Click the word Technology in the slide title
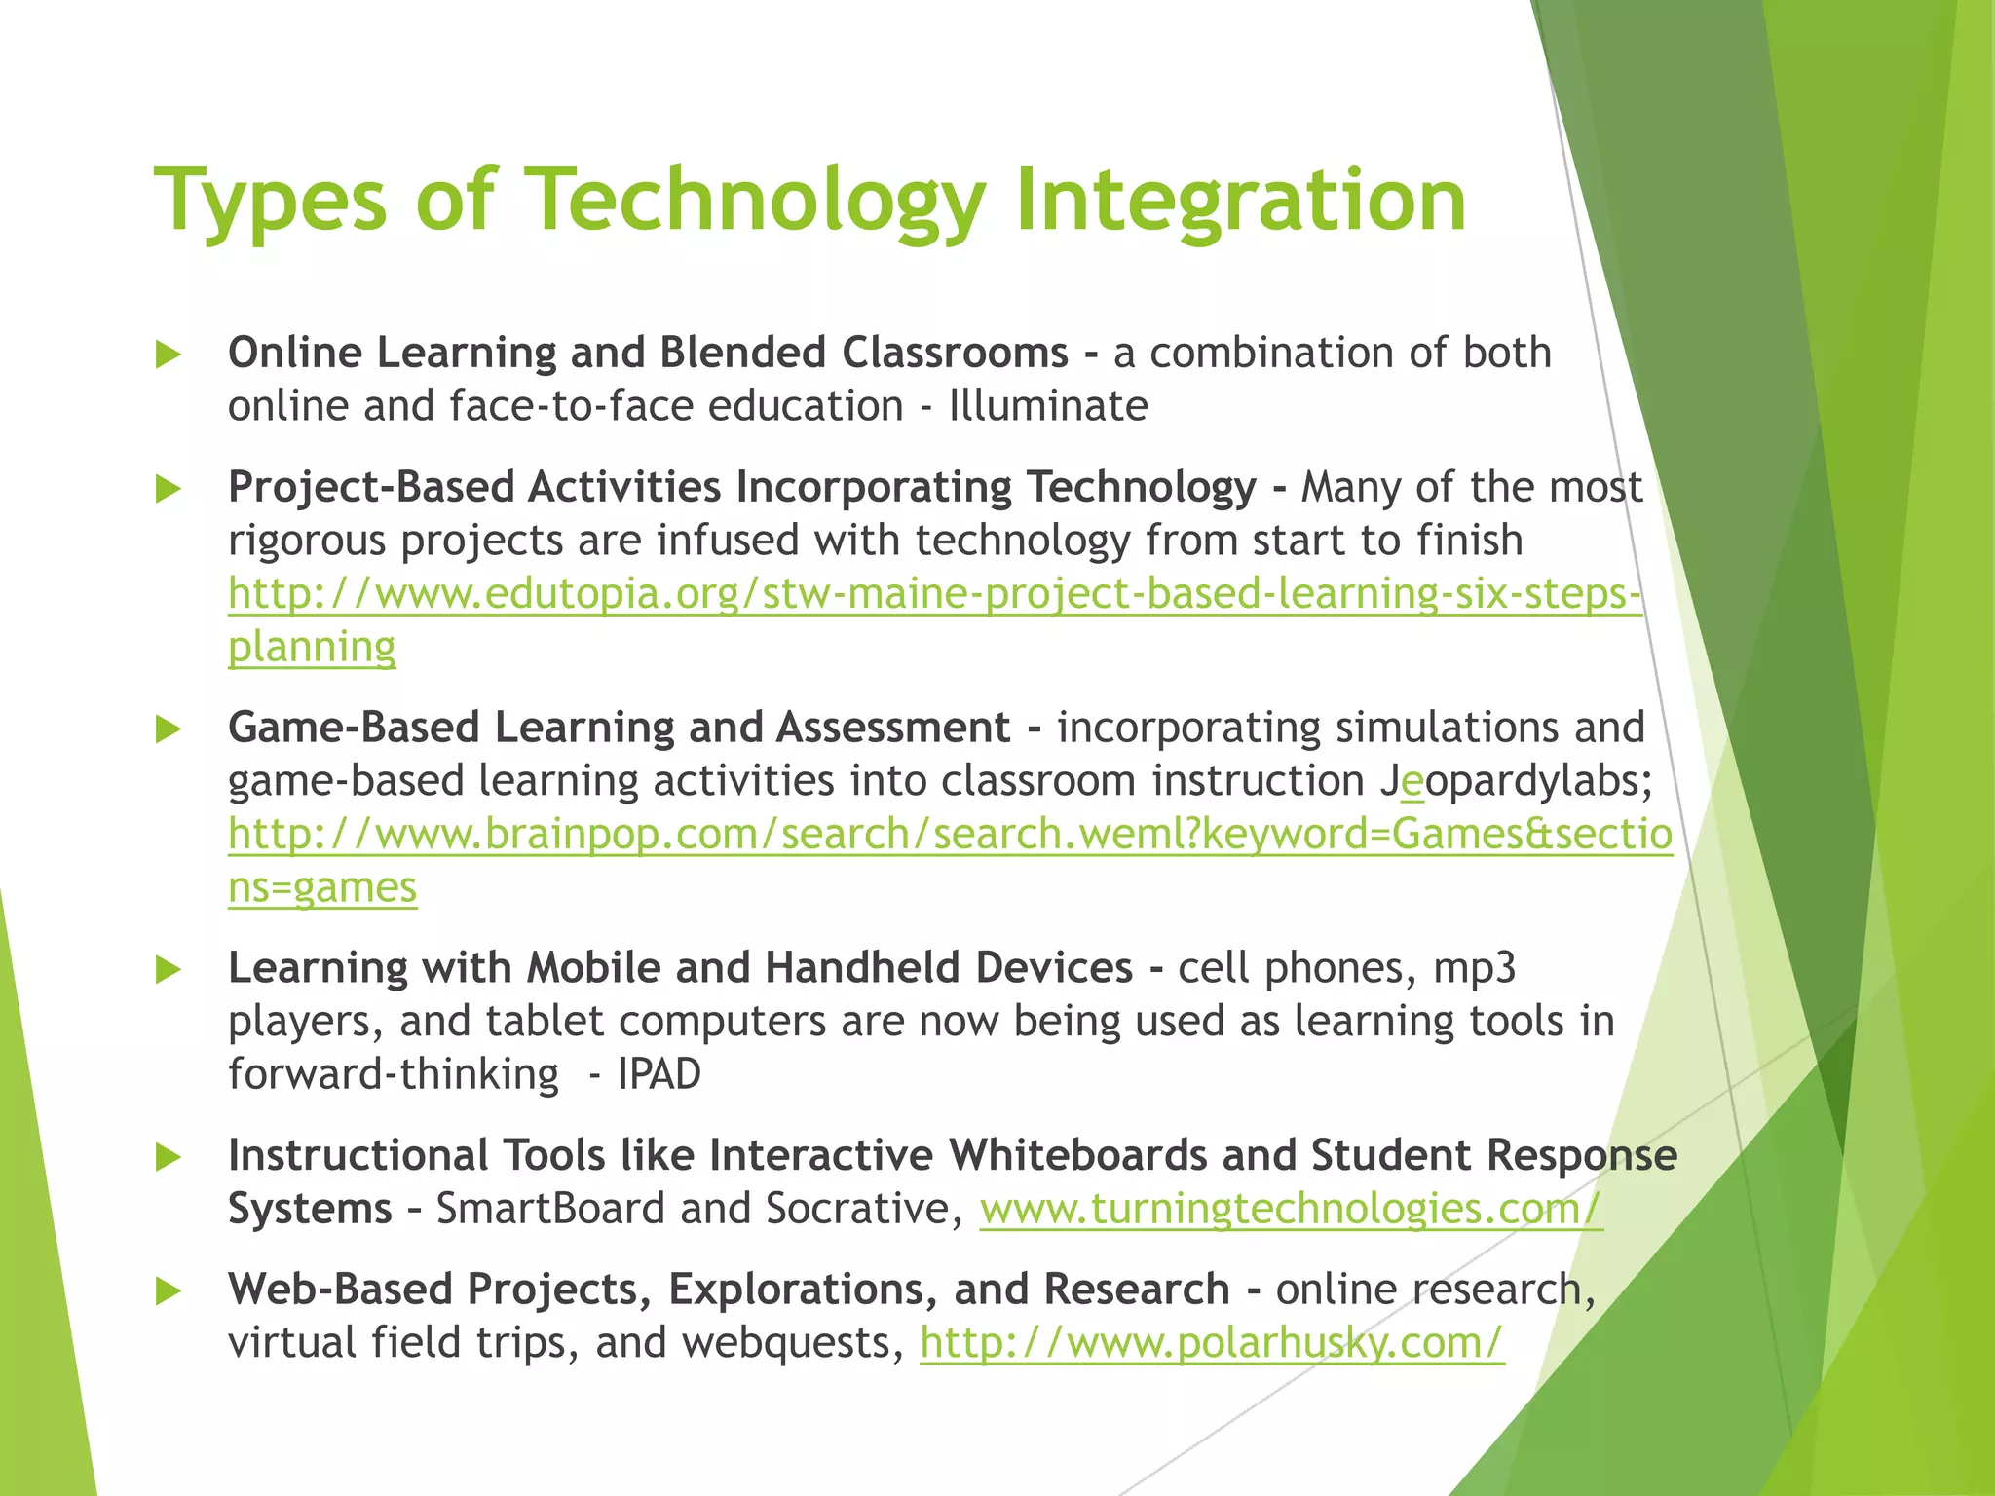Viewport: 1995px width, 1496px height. click(x=756, y=202)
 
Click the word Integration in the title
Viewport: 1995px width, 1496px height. click(x=1240, y=202)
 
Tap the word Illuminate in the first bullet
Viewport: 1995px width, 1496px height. click(x=1048, y=406)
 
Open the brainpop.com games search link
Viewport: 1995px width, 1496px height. click(x=950, y=835)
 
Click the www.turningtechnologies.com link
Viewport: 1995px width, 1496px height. click(x=1291, y=1209)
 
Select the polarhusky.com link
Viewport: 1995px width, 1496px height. click(x=1212, y=1343)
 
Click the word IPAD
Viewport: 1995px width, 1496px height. click(x=659, y=1074)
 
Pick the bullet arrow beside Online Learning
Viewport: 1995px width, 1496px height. click(x=169, y=355)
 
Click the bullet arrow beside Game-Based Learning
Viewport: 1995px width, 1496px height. click(x=169, y=729)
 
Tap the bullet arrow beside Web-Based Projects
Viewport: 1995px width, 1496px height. click(x=169, y=1291)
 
